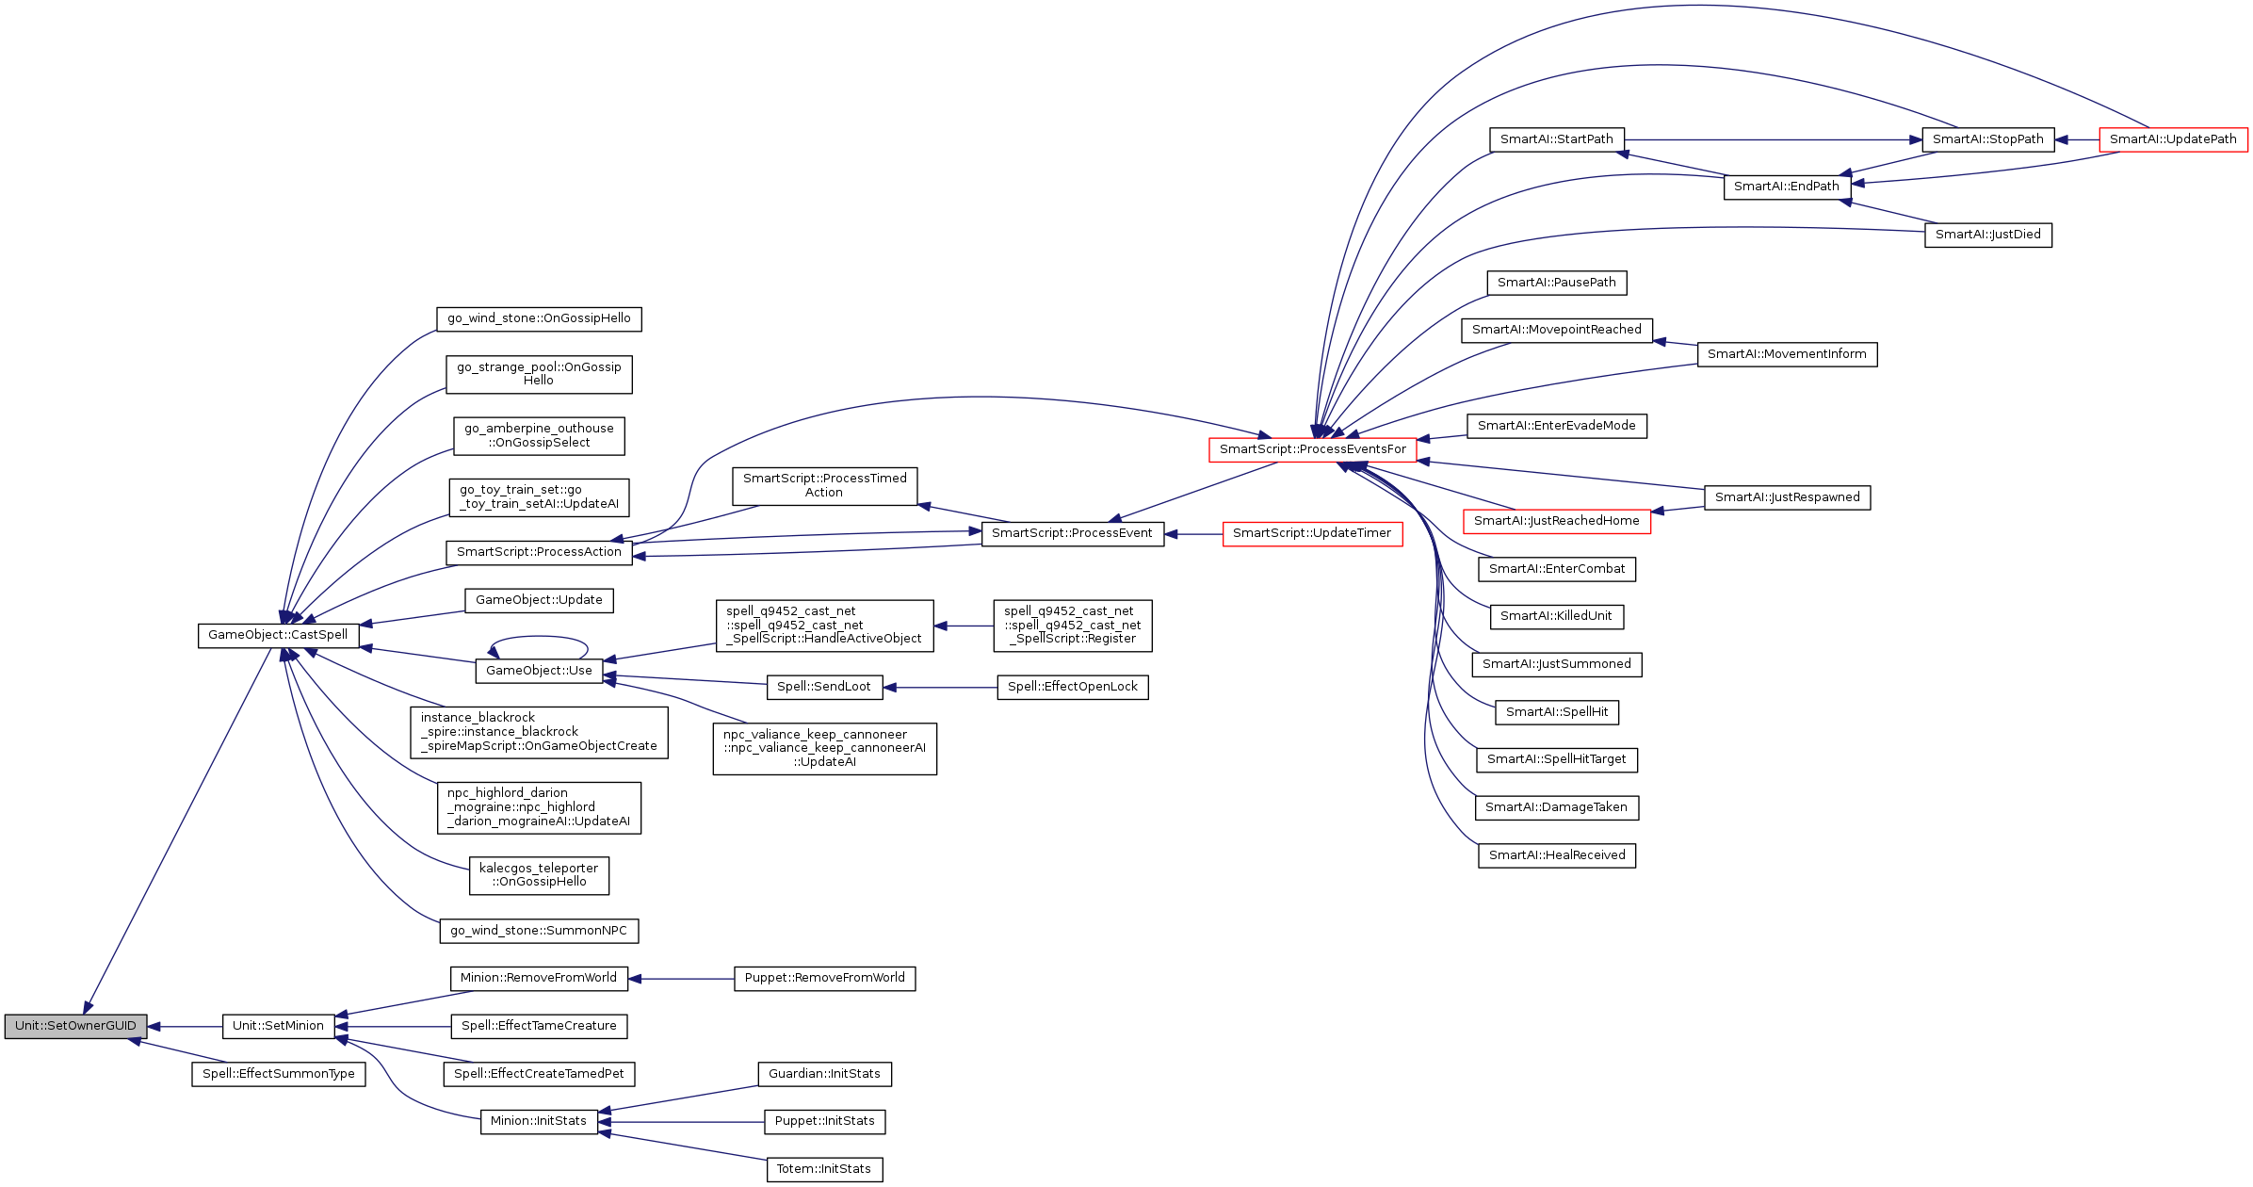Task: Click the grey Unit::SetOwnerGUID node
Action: [75, 1026]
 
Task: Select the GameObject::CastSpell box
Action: [278, 635]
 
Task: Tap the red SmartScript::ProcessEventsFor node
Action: [1312, 449]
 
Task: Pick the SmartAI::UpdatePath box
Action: [2173, 139]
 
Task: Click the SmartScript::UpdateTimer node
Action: [1312, 534]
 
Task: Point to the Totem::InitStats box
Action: [824, 1169]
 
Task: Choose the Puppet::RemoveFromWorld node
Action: [824, 978]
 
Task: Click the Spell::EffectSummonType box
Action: [279, 1074]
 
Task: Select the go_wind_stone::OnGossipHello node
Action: [539, 318]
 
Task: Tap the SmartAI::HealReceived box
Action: [1557, 855]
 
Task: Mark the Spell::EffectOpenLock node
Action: [1072, 687]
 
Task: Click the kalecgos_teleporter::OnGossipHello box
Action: [539, 875]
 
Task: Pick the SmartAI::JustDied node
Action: [1987, 235]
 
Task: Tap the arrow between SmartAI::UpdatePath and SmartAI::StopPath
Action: [2077, 139]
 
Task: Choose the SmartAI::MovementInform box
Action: [1787, 354]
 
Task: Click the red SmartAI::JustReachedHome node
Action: [1556, 521]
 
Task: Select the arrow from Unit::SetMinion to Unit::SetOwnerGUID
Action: [185, 1027]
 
